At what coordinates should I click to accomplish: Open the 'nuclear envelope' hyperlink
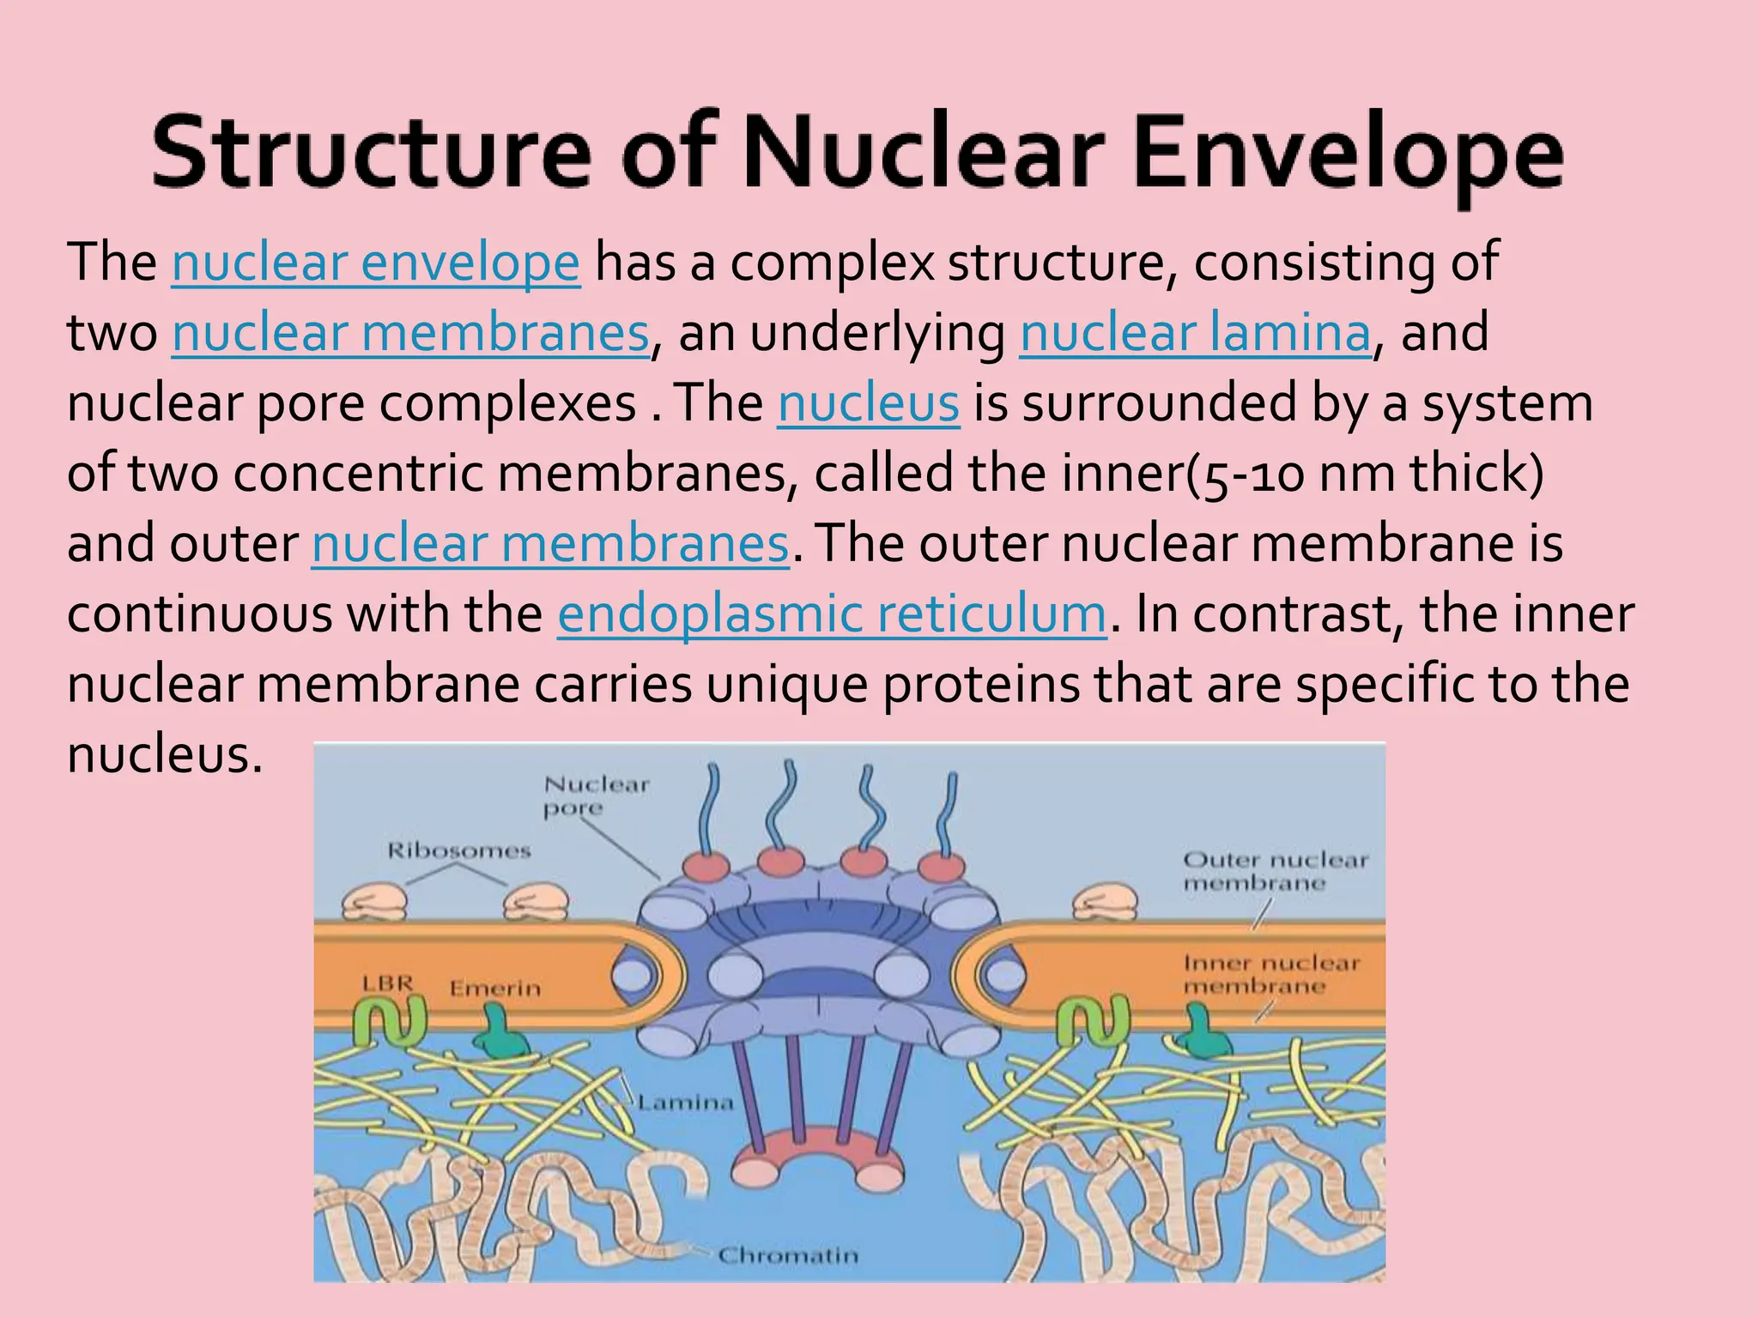click(376, 263)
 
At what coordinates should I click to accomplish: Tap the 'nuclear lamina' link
click(1195, 333)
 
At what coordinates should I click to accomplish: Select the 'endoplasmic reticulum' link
click(832, 614)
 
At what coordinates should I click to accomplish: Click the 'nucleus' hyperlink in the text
click(869, 403)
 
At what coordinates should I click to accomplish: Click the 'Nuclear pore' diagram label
click(596, 795)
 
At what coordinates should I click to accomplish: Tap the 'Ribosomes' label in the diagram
click(459, 850)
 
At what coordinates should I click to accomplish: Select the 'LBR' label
click(387, 983)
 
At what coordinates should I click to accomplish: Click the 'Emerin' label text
click(495, 988)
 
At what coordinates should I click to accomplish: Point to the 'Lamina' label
click(686, 1103)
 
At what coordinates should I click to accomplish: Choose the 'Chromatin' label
click(788, 1256)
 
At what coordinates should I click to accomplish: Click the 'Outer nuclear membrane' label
click(1274, 871)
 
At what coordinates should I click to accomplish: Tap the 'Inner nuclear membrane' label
click(1271, 974)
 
